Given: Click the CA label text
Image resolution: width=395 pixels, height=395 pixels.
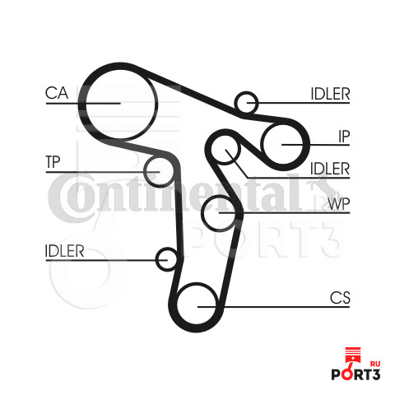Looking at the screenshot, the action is pyautogui.click(x=57, y=93).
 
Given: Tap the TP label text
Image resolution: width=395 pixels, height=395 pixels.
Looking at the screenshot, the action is pyautogui.click(x=53, y=161).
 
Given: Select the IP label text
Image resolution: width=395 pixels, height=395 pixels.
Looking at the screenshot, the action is pyautogui.click(x=344, y=137).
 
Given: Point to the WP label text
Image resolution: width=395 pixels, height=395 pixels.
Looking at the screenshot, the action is pyautogui.click(x=339, y=203).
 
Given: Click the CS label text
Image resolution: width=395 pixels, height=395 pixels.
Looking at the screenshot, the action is pyautogui.click(x=340, y=298).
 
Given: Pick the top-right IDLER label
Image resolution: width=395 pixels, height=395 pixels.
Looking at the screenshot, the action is pyautogui.click(x=330, y=94).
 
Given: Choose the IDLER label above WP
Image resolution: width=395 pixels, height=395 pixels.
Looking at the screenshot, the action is pyautogui.click(x=330, y=169).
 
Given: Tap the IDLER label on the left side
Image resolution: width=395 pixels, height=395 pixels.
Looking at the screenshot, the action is pyautogui.click(x=64, y=251).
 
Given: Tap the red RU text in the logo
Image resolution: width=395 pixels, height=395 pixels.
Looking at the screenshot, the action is pyautogui.click(x=375, y=364).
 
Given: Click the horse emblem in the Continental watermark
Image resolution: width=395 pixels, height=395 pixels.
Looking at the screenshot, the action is pyautogui.click(x=323, y=187).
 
